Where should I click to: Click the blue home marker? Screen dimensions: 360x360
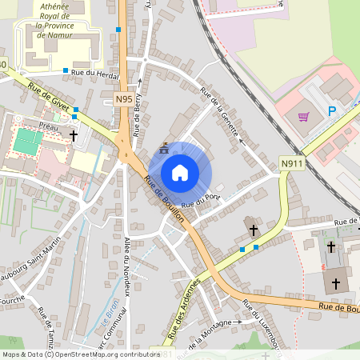[180, 172]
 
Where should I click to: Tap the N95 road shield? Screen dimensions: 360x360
[122, 98]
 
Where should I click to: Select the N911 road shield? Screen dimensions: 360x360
[292, 164]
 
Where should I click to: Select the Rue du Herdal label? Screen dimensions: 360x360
[94, 74]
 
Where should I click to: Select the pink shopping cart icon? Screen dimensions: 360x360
[303, 117]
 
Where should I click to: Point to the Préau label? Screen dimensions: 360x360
[47, 126]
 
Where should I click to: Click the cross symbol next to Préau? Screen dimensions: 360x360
[74, 136]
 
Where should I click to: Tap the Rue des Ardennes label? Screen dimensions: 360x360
[185, 306]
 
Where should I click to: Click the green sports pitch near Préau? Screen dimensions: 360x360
[27, 142]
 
